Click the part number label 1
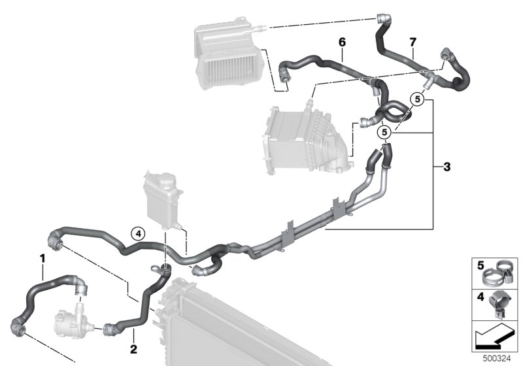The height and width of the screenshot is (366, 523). [x=42, y=258]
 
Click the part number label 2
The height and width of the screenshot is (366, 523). [x=133, y=349]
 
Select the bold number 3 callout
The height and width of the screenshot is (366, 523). [x=447, y=167]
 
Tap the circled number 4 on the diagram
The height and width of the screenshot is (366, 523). [x=138, y=234]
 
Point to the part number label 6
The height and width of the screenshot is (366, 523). [x=342, y=42]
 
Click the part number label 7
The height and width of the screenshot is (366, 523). [x=413, y=42]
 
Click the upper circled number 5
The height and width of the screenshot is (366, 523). [x=417, y=99]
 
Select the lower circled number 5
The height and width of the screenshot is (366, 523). [x=384, y=132]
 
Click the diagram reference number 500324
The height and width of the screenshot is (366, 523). [x=497, y=359]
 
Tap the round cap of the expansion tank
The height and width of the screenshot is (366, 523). [x=167, y=182]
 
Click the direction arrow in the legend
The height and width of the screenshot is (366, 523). [x=495, y=337]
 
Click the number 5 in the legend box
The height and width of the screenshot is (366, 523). [x=481, y=265]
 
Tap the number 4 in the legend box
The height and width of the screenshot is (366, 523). [x=481, y=297]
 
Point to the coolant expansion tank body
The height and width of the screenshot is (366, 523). [x=163, y=200]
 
